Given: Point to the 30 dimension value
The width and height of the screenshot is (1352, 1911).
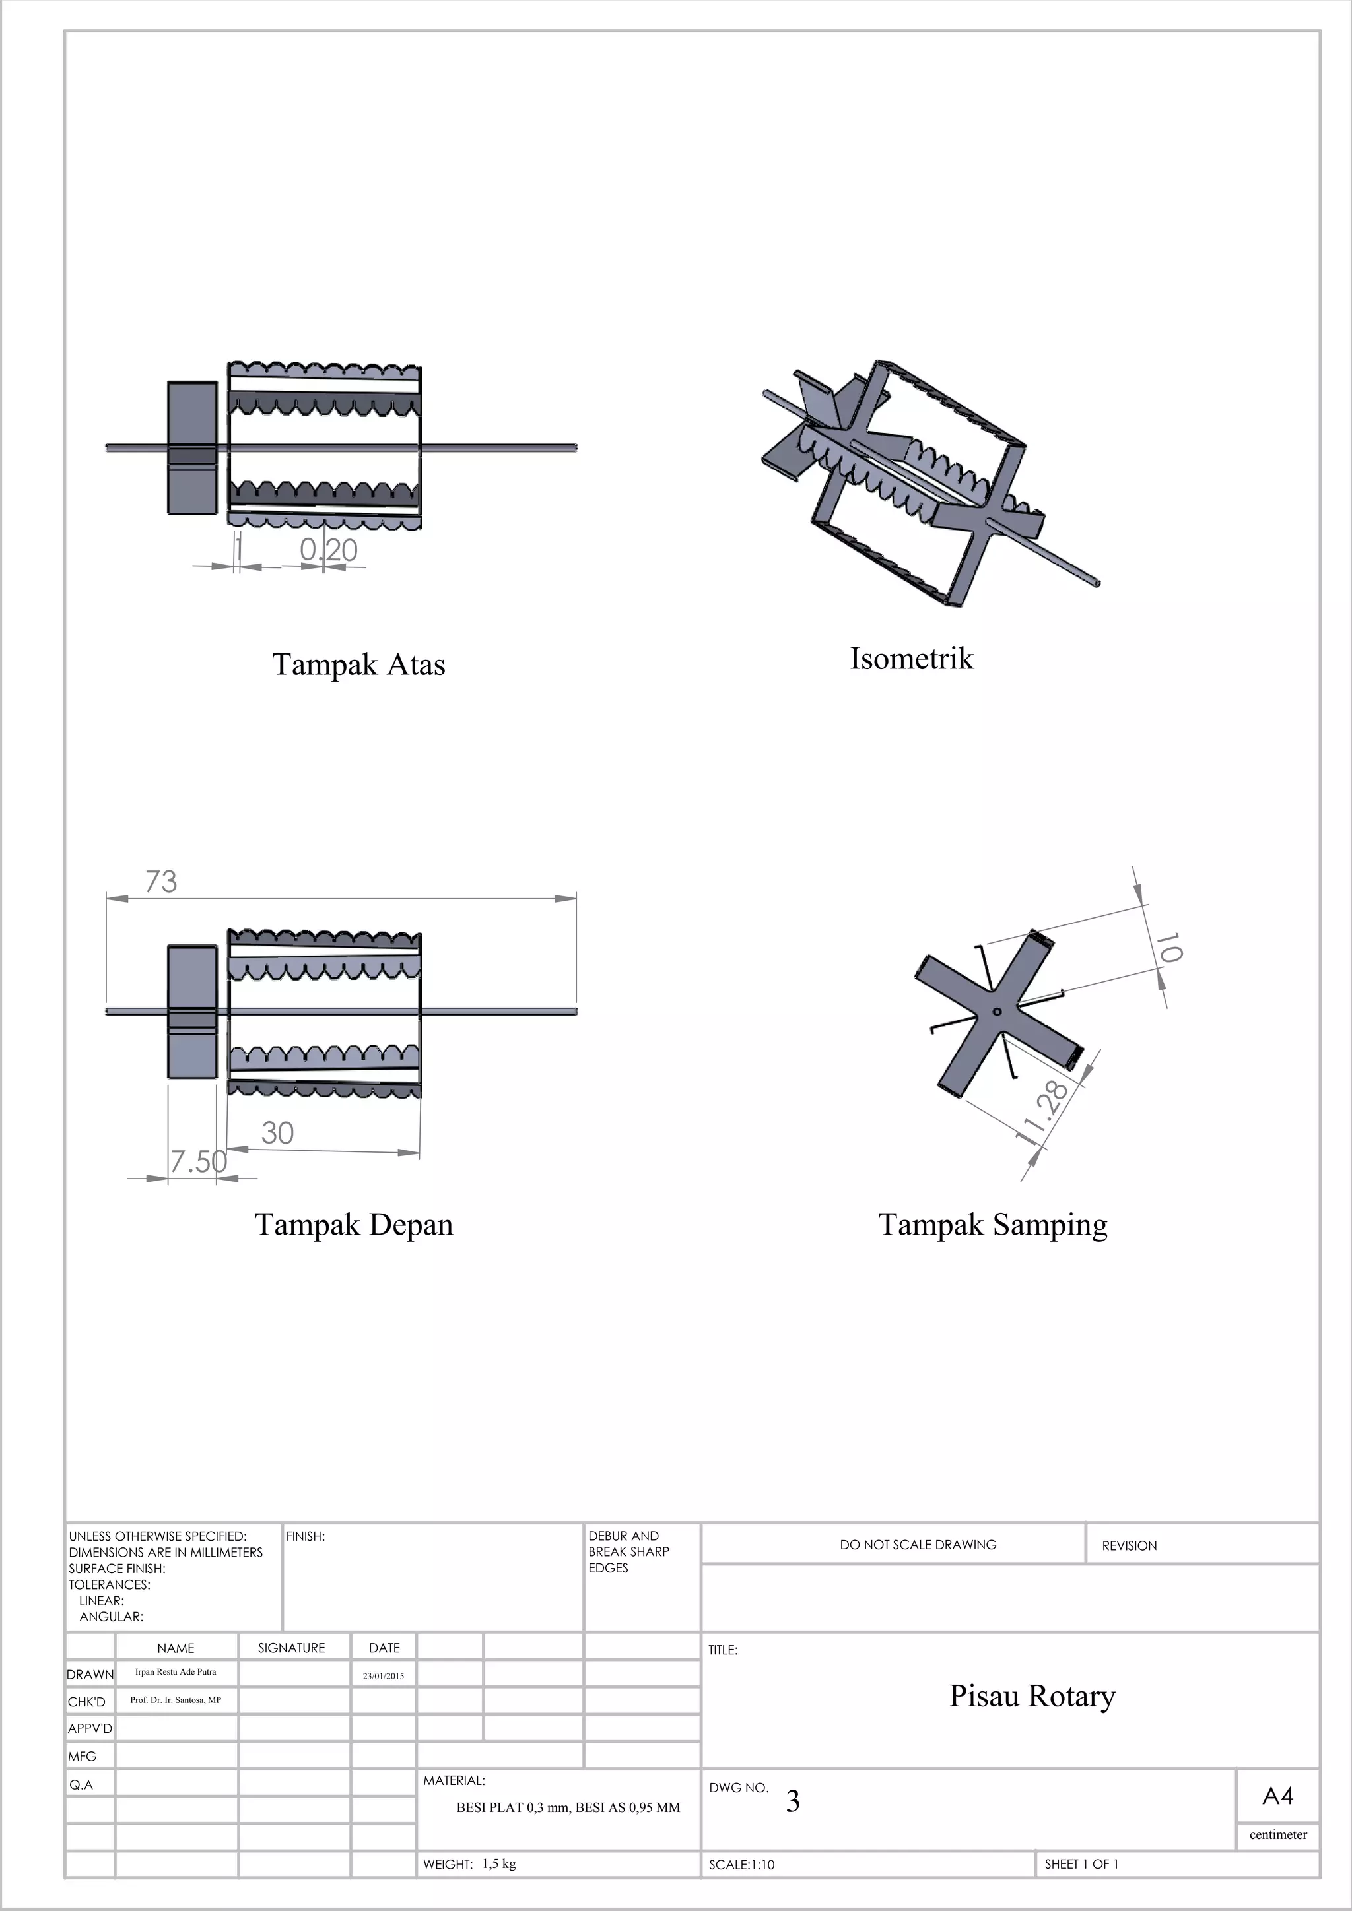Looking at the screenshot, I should coord(277,1133).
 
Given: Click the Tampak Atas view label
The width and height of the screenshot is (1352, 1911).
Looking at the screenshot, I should coord(359,665).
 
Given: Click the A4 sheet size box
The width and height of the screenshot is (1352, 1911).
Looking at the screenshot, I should coord(1277,1796).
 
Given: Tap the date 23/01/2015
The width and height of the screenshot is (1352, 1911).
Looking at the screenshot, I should coord(383,1676).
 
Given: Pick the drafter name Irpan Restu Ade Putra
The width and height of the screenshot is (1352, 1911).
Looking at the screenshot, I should coord(176,1672).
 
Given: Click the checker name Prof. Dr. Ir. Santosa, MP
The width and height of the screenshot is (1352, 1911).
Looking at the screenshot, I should coord(176,1700).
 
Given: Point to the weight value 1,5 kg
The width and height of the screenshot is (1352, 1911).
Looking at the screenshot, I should coord(498,1863).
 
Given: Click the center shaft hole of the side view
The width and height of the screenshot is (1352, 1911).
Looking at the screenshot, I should coord(997,1012).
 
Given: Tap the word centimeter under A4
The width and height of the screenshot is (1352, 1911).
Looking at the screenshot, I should coord(1278,1834).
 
